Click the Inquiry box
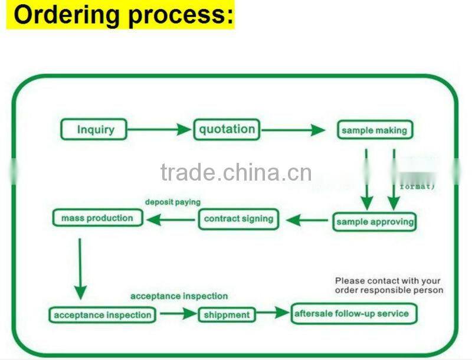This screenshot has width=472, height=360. (x=94, y=129)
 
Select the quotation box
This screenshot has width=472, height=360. (x=227, y=129)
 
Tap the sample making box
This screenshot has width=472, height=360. (x=374, y=130)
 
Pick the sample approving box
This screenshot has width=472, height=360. (x=374, y=222)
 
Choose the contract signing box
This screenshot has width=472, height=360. (x=238, y=219)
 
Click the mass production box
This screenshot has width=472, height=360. (x=97, y=218)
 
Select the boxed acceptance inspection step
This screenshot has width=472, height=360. (x=103, y=315)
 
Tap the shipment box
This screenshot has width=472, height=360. (x=227, y=315)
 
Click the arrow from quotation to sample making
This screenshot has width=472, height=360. (x=293, y=130)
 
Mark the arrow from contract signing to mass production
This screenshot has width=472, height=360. (x=171, y=220)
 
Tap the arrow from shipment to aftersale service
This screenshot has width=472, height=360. (x=274, y=313)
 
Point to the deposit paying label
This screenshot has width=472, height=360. (x=173, y=202)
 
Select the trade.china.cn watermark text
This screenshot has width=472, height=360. (x=236, y=173)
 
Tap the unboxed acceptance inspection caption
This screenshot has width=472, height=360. (x=179, y=296)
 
